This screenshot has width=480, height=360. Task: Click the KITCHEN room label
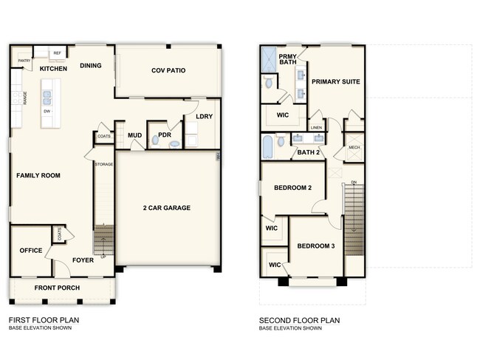(53, 69)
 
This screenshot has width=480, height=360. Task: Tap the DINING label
(91, 65)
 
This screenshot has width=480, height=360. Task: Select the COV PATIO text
(168, 71)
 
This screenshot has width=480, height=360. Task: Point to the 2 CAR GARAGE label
(167, 208)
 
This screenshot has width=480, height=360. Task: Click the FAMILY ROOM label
(38, 175)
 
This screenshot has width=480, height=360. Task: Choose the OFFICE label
(30, 251)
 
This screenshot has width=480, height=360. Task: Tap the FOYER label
(82, 259)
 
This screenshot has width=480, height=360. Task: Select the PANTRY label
(23, 61)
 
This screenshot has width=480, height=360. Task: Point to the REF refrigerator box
(57, 53)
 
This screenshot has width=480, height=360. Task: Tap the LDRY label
(205, 117)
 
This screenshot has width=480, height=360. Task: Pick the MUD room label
(134, 135)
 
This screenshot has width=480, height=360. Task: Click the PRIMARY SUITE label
(335, 82)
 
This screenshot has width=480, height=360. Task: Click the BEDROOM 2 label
(292, 188)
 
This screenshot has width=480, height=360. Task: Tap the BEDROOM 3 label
(316, 245)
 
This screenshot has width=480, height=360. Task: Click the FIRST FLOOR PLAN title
(44, 320)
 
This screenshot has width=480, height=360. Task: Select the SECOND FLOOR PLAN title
(299, 320)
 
